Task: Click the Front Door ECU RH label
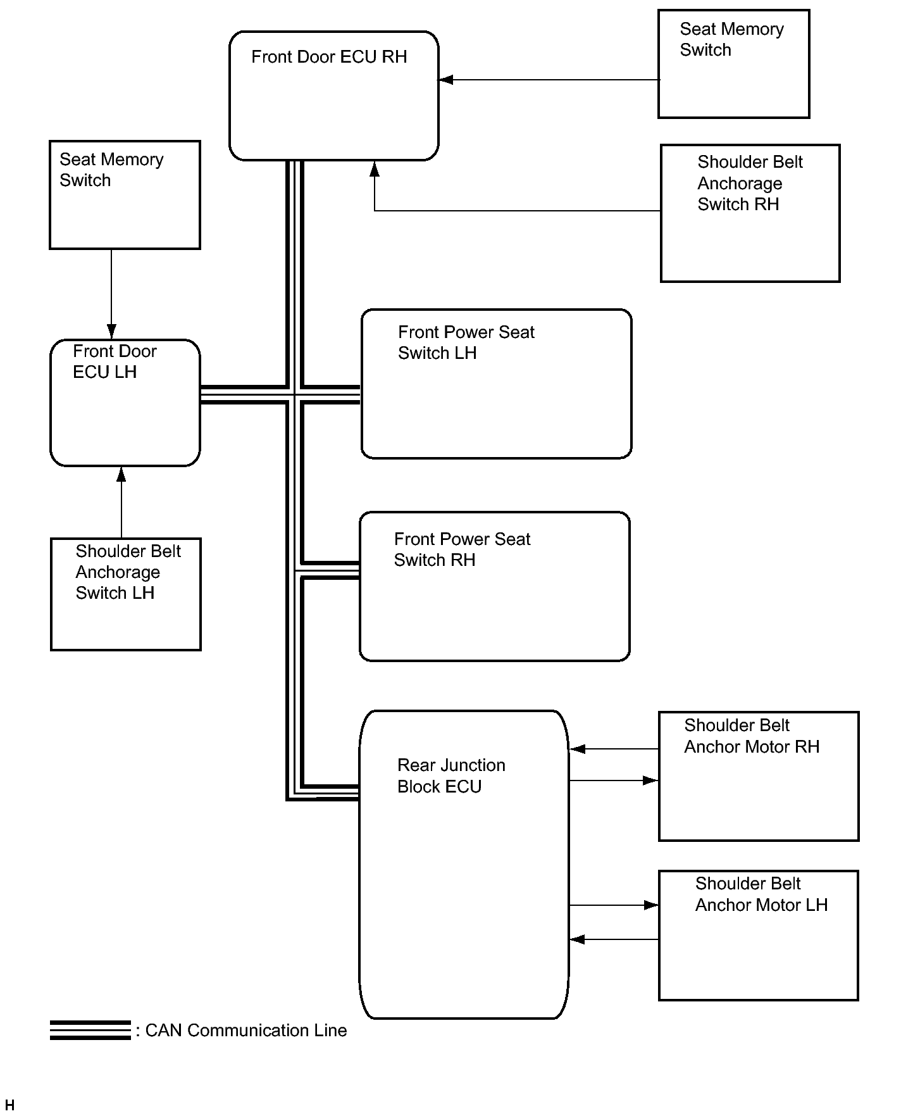click(329, 57)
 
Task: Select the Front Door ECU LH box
click(125, 403)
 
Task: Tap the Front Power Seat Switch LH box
click(497, 384)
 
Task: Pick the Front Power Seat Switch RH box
click(495, 586)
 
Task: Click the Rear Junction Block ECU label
click(451, 775)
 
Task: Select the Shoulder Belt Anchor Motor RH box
click(759, 776)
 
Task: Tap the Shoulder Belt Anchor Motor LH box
click(759, 936)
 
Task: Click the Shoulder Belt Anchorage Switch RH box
click(750, 213)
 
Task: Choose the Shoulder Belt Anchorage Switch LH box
click(126, 594)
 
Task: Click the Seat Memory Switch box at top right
click(734, 64)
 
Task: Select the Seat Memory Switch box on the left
click(125, 195)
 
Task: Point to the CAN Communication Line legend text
click(242, 1031)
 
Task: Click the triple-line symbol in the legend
click(90, 1030)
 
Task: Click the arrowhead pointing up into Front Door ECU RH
click(375, 168)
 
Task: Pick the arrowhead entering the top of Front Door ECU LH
click(111, 332)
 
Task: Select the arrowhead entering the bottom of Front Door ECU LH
click(121, 474)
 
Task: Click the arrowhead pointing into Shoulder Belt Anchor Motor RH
click(651, 781)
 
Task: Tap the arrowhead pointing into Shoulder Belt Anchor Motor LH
click(651, 905)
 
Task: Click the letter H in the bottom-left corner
click(9, 1105)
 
